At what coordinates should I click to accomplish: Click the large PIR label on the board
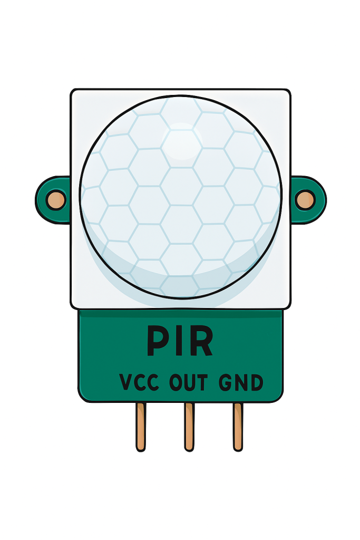tap(180, 341)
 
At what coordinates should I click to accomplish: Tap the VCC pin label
tap(139, 382)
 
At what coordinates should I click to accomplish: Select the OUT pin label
tap(189, 382)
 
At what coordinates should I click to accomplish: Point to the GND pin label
tap(240, 382)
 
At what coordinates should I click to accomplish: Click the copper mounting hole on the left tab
tap(55, 200)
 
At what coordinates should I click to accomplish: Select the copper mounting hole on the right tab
tap(305, 200)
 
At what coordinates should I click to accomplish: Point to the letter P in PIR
tap(158, 341)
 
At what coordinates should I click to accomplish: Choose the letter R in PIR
tap(201, 341)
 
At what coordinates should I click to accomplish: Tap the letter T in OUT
tap(202, 382)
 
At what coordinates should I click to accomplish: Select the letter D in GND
tap(256, 382)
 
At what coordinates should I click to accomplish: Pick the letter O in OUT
tap(176, 382)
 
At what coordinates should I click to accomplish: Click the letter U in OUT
tap(189, 382)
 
